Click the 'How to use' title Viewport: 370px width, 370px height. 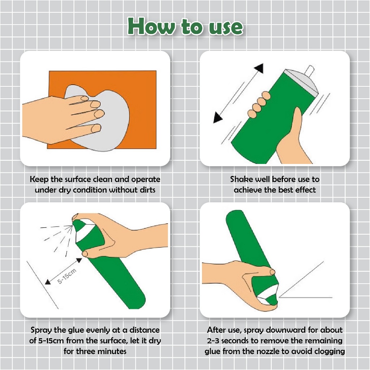click(185, 26)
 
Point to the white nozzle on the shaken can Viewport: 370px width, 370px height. click(309, 71)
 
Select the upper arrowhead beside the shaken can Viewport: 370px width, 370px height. click(259, 68)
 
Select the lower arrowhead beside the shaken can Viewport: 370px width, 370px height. click(217, 117)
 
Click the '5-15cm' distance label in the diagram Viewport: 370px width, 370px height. click(67, 276)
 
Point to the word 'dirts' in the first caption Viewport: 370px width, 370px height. click(147, 190)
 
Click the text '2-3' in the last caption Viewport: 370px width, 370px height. click(213, 341)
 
